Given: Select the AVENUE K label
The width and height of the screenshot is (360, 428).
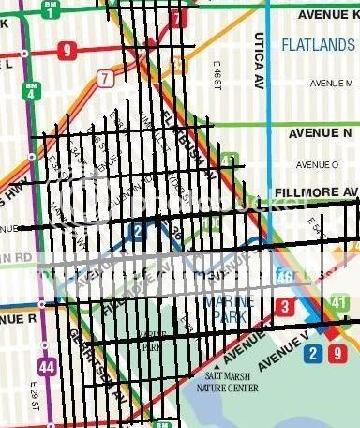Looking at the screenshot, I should (329, 15).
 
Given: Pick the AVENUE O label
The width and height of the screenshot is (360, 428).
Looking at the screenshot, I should (317, 164).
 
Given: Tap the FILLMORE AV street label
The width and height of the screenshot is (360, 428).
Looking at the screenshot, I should (316, 192).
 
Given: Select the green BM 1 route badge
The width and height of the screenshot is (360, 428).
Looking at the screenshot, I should (49, 9).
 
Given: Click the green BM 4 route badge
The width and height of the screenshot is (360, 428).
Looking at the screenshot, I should (31, 90).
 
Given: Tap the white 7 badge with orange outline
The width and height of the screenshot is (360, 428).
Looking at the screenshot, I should (105, 77).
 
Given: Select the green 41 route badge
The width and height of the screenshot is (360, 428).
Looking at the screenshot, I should (340, 304).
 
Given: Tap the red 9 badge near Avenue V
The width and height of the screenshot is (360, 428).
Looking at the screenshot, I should (338, 353).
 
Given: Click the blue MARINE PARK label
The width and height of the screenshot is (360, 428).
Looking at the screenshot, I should (226, 309).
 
